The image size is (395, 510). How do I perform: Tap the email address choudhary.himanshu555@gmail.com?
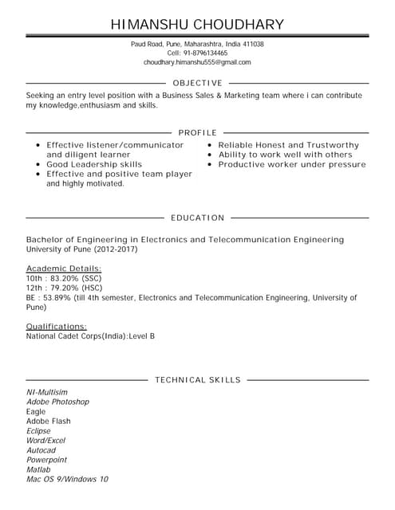[197, 62]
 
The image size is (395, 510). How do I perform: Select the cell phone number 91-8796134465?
[205, 53]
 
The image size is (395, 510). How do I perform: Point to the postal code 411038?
[252, 44]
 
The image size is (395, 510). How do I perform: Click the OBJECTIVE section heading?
[198, 83]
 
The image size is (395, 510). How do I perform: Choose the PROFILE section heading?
[198, 132]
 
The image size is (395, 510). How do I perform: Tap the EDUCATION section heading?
[198, 218]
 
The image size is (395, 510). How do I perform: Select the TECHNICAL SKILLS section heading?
[198, 380]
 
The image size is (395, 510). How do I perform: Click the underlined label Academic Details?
[64, 269]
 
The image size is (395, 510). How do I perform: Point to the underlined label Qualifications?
[57, 327]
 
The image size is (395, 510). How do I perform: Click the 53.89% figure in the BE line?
[57, 297]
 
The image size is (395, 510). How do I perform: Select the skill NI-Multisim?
[47, 393]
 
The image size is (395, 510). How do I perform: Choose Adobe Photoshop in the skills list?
[57, 402]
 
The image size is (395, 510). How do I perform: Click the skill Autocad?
[41, 450]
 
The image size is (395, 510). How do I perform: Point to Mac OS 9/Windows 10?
[67, 479]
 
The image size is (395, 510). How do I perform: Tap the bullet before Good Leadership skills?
[38, 165]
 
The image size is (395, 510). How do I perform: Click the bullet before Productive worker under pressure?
[210, 165]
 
